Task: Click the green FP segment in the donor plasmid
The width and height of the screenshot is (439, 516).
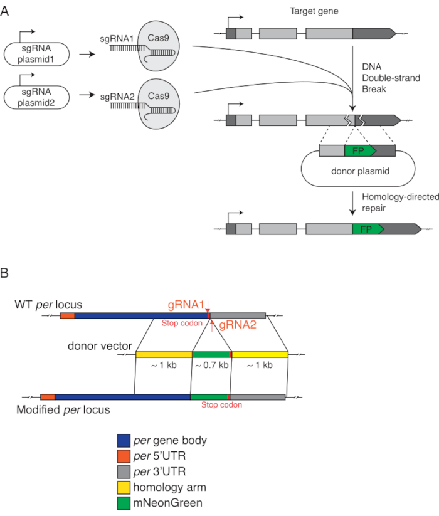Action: (359, 150)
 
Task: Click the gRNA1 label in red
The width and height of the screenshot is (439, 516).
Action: (186, 304)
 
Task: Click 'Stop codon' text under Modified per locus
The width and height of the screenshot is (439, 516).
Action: (221, 405)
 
